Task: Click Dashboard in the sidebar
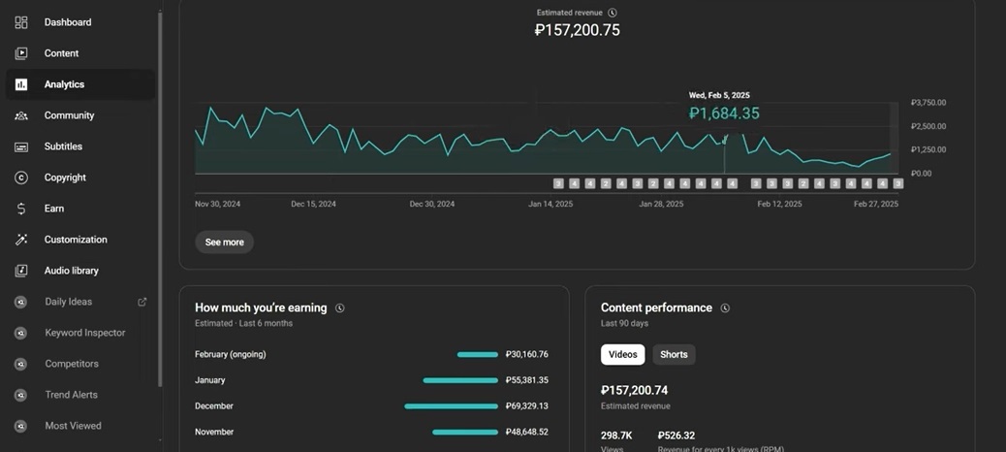click(x=67, y=22)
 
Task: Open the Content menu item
click(x=61, y=53)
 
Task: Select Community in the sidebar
click(x=69, y=115)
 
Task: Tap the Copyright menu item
click(x=65, y=178)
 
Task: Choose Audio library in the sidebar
click(x=71, y=271)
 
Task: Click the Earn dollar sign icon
click(x=21, y=209)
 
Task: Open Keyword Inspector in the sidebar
click(x=84, y=333)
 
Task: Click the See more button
click(x=224, y=242)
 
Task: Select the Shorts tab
click(x=674, y=355)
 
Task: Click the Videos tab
click(x=622, y=355)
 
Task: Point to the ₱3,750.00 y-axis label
click(x=927, y=103)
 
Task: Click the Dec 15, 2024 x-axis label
click(x=314, y=205)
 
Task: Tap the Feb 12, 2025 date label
click(x=779, y=205)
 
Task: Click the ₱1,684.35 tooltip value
click(x=724, y=113)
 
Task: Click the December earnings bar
click(x=451, y=406)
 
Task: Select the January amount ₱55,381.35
click(x=526, y=380)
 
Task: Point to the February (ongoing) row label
click(x=230, y=355)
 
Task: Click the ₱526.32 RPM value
click(x=677, y=436)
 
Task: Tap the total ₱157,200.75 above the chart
click(x=577, y=30)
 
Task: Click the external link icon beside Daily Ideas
click(x=142, y=302)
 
